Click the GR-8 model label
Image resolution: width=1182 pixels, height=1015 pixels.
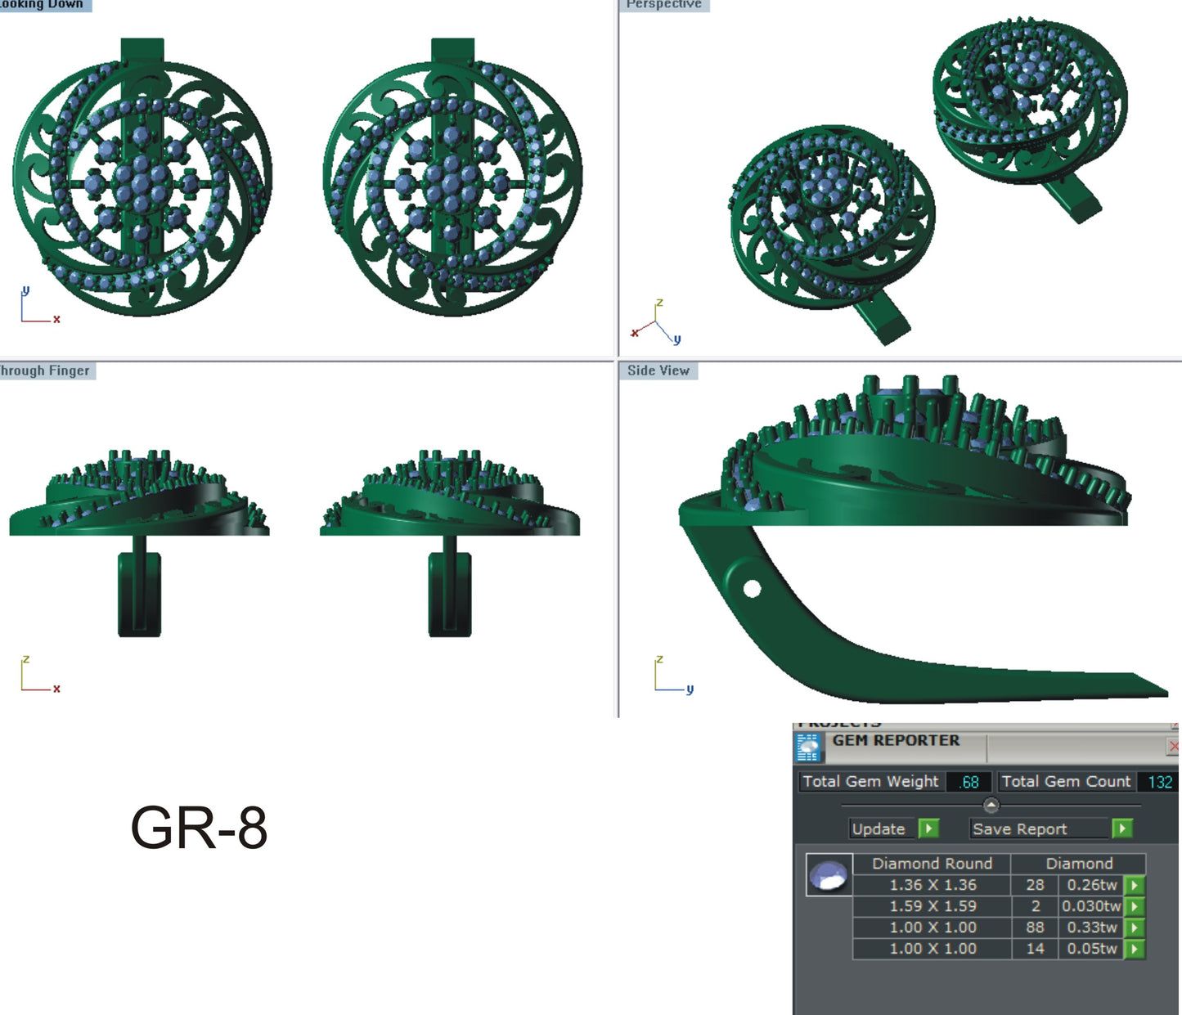click(x=199, y=828)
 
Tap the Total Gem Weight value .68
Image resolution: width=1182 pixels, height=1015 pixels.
click(x=969, y=782)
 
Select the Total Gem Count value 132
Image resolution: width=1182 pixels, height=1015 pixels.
click(x=1159, y=782)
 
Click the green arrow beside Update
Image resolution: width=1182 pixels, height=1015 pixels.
click(x=928, y=829)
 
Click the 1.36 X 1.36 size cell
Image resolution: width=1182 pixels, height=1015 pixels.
click(x=933, y=885)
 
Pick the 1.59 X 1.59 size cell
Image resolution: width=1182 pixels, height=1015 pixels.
click(x=933, y=906)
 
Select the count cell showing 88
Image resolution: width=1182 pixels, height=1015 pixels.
click(x=1035, y=927)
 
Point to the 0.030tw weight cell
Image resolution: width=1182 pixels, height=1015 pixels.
click(x=1090, y=906)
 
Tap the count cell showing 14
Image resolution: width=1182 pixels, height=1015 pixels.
click(x=1035, y=949)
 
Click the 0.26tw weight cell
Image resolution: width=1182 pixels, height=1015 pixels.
click(x=1091, y=885)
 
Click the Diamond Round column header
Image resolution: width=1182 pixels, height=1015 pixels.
click(x=932, y=864)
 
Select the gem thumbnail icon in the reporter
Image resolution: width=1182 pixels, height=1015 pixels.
click(x=829, y=875)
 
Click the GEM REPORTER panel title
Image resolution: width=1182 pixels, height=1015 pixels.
click(x=896, y=740)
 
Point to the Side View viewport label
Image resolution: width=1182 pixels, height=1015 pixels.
click(x=658, y=371)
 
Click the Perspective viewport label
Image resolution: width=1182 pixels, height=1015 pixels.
click(x=663, y=5)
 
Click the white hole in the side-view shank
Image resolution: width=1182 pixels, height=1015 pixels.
click(x=752, y=588)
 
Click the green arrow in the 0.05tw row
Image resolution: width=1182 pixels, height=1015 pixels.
click(x=1135, y=949)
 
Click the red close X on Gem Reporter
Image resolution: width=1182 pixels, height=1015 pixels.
click(x=1173, y=746)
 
